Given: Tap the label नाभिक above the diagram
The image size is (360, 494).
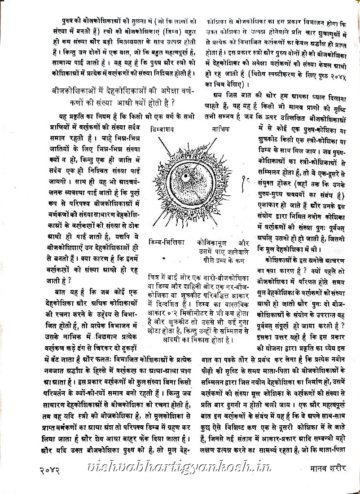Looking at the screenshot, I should pos(221,129).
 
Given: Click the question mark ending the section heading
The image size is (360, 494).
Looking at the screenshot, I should pos(174,102).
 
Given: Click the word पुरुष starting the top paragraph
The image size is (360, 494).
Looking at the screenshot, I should pos(70,21).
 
